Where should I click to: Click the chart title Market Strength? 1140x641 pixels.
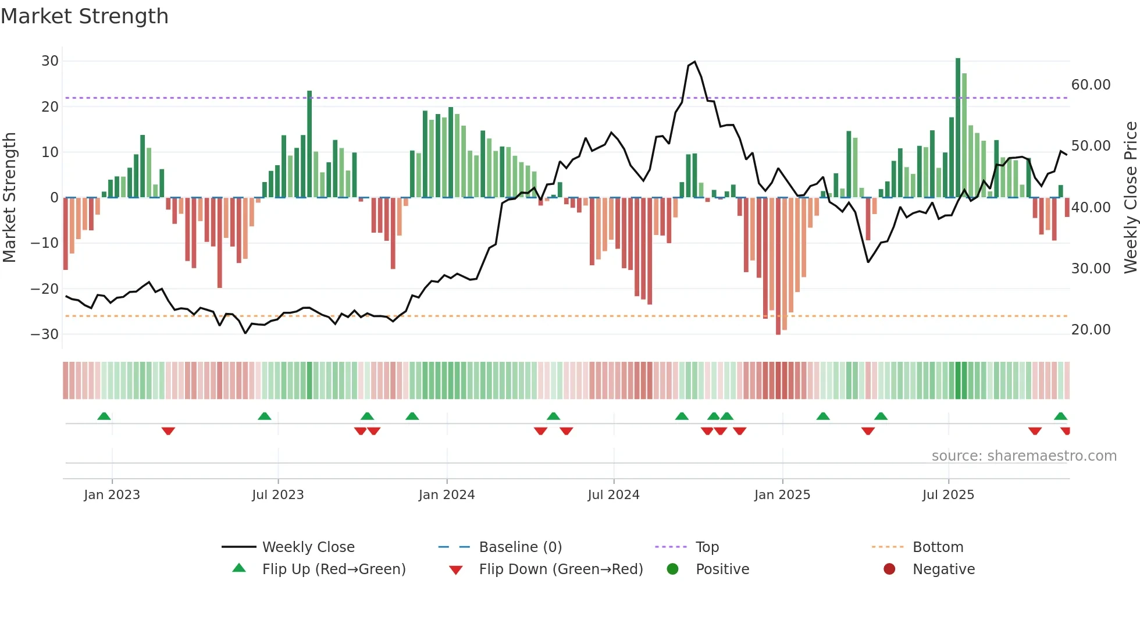point(84,16)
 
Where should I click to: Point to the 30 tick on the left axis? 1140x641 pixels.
point(50,61)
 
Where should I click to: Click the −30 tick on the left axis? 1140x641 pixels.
point(45,334)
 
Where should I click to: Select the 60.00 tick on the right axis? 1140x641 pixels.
point(1091,85)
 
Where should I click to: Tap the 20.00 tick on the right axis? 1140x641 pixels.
point(1091,330)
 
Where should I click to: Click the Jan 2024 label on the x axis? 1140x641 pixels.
point(446,495)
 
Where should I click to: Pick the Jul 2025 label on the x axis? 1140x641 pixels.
point(947,495)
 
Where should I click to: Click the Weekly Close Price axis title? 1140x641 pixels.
point(1130,198)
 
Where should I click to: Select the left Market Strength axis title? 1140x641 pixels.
point(9,198)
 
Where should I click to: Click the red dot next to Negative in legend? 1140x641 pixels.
point(889,569)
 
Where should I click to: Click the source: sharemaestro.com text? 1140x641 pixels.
point(1024,456)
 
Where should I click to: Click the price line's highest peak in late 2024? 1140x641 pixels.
point(694,62)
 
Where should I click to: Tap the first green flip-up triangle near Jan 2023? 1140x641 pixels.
point(104,416)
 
